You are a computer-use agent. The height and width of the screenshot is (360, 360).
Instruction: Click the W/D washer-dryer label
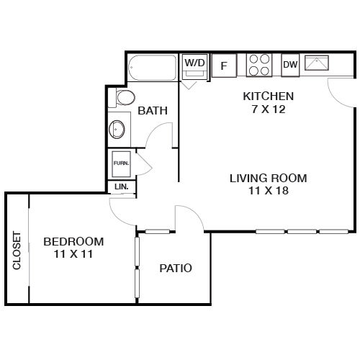pos(194,63)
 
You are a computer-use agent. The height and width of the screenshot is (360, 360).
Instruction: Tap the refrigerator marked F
pos(224,66)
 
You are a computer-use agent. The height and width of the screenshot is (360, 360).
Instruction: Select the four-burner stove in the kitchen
pos(259,65)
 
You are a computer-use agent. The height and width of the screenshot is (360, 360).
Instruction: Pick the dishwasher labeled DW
pos(290,65)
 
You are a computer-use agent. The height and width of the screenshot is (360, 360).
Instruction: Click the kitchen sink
pos(317,63)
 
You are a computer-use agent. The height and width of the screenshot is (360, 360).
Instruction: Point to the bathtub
pos(153,68)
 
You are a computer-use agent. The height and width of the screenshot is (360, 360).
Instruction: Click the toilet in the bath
pos(122,98)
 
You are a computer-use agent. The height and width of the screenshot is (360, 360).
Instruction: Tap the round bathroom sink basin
pos(117,129)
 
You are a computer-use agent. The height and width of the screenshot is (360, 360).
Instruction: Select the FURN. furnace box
pos(122,164)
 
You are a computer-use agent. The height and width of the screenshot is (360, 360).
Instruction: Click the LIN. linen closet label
pos(122,186)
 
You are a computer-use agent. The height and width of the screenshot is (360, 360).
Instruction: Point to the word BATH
pos(153,111)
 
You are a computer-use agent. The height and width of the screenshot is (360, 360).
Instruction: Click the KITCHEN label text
pos(269,96)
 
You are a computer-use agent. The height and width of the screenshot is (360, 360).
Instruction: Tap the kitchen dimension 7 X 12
pos(269,109)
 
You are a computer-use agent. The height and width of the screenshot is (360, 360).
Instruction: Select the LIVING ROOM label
pos(269,179)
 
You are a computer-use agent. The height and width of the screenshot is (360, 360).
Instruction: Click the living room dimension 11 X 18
pos(269,191)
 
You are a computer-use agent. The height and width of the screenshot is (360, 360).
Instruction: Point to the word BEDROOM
pos(73,242)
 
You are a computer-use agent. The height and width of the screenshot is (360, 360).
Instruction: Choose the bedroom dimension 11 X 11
pos(73,254)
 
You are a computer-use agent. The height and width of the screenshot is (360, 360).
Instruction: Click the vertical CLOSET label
pos(17,251)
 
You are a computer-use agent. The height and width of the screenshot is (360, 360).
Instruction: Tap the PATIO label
pos(176,268)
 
